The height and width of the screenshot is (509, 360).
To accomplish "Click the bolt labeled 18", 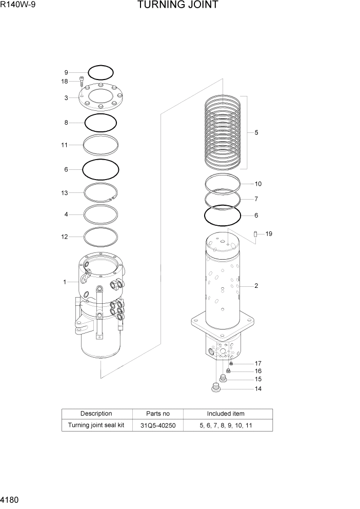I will [x=82, y=81].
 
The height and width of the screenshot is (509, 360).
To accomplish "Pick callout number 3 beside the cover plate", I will [x=66, y=97].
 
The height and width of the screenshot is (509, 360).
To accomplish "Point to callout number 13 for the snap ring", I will [x=65, y=193].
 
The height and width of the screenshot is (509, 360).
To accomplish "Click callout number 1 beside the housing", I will [x=65, y=282].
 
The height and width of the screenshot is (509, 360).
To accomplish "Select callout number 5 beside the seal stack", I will [x=256, y=132].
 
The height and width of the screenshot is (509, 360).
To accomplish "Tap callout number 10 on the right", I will [x=258, y=184].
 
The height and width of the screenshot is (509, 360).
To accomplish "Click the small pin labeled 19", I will [x=255, y=234].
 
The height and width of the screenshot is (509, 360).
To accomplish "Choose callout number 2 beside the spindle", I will [x=256, y=286].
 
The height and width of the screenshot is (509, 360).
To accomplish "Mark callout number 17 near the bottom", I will [x=258, y=363].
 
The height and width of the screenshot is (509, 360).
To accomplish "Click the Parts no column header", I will [x=157, y=414].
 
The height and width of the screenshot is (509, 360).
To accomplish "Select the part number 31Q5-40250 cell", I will [x=157, y=425].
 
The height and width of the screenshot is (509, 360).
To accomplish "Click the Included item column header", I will [x=226, y=414].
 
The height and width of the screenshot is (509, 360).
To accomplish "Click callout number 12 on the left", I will [x=65, y=237].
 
